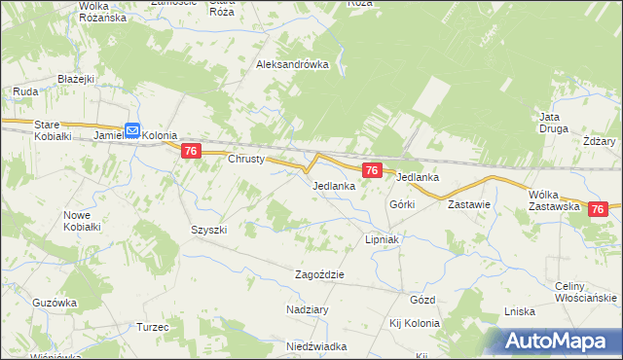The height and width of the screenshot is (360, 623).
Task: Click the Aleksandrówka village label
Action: (x=292, y=65)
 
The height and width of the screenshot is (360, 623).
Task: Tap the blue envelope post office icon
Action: (x=133, y=128)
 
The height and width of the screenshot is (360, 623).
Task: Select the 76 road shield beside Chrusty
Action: (x=191, y=151)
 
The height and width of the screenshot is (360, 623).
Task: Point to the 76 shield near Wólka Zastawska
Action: (x=599, y=208)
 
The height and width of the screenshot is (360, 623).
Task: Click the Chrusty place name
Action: (x=246, y=159)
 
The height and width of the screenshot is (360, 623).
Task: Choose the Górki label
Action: (x=402, y=204)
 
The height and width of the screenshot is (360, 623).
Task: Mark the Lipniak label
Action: (x=384, y=238)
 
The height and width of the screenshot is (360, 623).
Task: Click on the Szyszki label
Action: (x=208, y=230)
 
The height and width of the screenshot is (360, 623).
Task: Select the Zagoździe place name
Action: (x=320, y=274)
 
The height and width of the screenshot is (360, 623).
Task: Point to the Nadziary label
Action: (x=308, y=308)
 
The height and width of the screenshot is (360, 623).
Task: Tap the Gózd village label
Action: (x=422, y=300)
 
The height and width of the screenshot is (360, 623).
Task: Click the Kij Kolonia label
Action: (x=415, y=323)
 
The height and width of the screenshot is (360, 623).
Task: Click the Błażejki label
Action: (x=74, y=79)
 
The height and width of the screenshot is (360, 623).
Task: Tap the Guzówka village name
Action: (x=54, y=303)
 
